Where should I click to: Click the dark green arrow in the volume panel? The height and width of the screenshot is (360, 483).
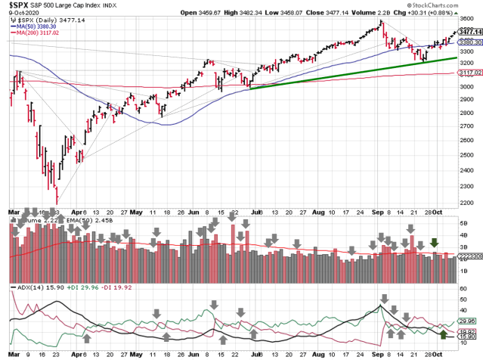click(435, 243)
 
